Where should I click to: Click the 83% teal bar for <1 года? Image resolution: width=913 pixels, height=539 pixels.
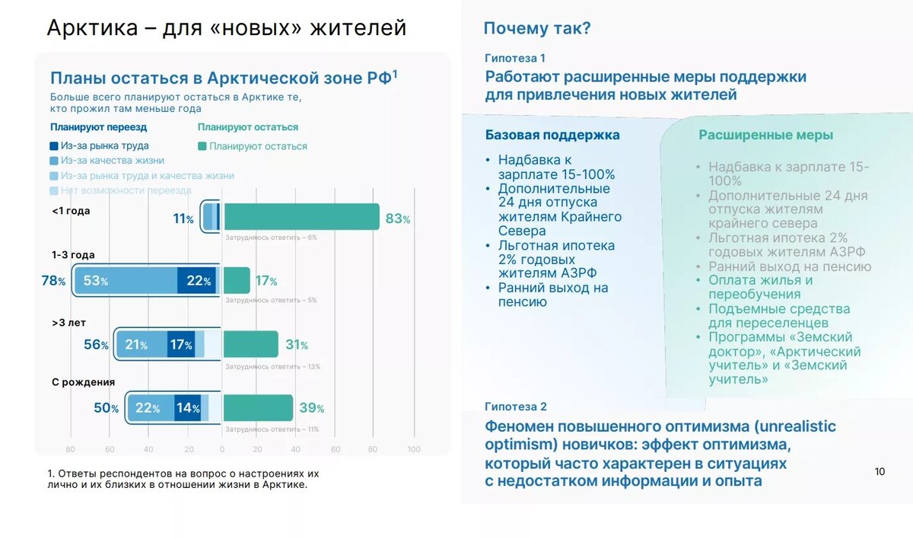(301, 217)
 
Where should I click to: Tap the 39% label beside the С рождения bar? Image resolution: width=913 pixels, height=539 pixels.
(311, 409)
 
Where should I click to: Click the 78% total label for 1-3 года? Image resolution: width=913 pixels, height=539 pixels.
(53, 281)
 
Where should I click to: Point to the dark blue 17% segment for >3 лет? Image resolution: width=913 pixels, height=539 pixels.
(181, 345)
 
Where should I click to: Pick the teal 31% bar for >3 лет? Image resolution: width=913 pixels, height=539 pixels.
(250, 345)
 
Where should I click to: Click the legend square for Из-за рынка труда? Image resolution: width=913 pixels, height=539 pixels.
(54, 145)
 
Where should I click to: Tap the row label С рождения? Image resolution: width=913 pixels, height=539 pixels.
(83, 382)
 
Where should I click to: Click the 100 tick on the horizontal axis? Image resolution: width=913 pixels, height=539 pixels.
(414, 449)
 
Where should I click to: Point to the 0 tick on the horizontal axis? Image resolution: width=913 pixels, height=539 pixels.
(222, 449)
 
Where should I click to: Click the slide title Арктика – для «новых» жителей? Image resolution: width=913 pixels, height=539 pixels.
(227, 28)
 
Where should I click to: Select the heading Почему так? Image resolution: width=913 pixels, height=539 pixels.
(537, 29)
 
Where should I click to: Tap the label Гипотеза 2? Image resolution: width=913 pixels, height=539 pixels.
(515, 407)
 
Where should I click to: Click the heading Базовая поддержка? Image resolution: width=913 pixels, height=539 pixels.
(552, 135)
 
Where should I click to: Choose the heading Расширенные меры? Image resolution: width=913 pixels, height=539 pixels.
(765, 135)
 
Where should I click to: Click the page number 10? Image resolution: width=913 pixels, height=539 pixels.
(880, 471)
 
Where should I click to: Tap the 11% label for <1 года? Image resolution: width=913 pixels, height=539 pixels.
(183, 219)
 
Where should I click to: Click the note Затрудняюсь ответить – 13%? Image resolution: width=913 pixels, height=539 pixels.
(272, 366)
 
